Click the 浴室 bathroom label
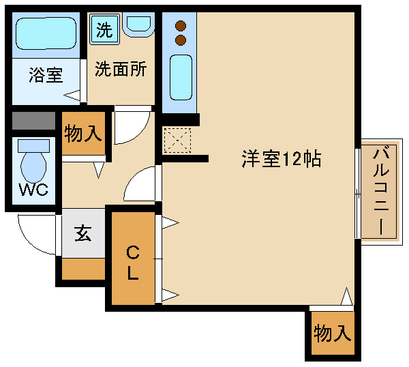46,75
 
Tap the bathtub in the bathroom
46,33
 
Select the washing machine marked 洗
104,29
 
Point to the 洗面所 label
121,69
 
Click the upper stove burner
181,26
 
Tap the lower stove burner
181,40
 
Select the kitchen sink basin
181,77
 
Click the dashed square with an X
177,141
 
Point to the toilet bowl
33,167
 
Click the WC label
34,190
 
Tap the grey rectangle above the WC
33,121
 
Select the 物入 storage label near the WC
83,134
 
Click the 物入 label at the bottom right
333,333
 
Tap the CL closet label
133,263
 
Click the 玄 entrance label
83,233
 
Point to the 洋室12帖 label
281,159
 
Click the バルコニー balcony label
381,192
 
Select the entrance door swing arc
29,241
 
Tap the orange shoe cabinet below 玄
83,269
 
